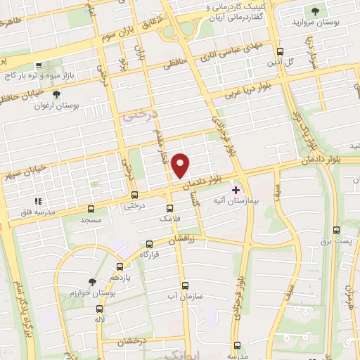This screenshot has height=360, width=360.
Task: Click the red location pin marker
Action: [x=181, y=165]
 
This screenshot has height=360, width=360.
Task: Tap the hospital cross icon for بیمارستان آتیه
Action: [x=236, y=190]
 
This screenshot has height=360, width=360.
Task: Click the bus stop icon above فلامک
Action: [x=169, y=208]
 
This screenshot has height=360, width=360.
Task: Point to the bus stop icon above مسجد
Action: [x=91, y=209]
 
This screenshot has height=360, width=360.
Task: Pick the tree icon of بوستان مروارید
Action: [x=315, y=11]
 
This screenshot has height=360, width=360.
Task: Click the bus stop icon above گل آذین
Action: [x=281, y=51]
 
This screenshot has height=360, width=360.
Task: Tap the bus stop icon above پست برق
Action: [x=336, y=230]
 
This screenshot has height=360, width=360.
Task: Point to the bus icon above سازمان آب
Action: [x=186, y=285]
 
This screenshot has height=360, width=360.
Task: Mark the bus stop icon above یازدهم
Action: [x=120, y=266]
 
